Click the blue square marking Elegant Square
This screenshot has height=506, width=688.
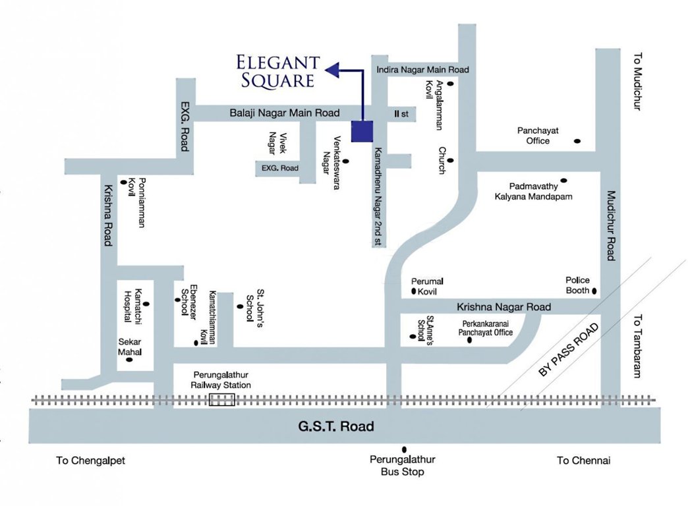tap(362, 131)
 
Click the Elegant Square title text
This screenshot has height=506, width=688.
tap(278, 72)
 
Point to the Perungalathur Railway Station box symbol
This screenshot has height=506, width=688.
tap(221, 399)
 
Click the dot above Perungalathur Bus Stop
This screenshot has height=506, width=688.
tap(404, 449)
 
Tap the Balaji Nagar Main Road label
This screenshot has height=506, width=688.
tap(285, 113)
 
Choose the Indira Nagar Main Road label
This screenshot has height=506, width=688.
tap(422, 69)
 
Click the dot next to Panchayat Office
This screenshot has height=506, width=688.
tap(577, 140)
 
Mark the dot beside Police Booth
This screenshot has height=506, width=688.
tap(594, 291)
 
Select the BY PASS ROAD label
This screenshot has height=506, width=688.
tap(569, 350)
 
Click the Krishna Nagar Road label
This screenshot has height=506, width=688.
tap(503, 307)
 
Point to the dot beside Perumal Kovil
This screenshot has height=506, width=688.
tap(413, 291)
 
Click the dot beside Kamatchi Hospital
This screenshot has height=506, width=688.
tap(146, 304)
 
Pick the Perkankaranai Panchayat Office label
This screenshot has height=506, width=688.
tap(486, 328)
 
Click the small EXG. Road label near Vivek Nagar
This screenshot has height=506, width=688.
tap(280, 169)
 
